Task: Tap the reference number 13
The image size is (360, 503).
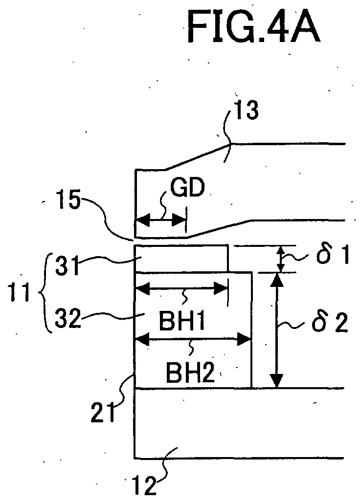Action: pyautogui.click(x=247, y=110)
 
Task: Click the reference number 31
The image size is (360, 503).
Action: pyautogui.click(x=67, y=265)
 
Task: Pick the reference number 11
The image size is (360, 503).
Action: pyautogui.click(x=19, y=292)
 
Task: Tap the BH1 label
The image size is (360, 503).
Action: pyautogui.click(x=182, y=322)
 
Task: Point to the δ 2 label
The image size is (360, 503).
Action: pyautogui.click(x=330, y=324)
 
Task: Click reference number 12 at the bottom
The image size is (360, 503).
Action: pyautogui.click(x=144, y=486)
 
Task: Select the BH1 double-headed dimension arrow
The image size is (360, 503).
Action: pyautogui.click(x=182, y=288)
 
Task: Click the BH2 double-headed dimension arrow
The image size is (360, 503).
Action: pyautogui.click(x=193, y=339)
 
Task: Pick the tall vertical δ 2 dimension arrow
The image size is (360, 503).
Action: pyautogui.click(x=276, y=330)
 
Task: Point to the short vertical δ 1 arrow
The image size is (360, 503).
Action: pyautogui.click(x=281, y=259)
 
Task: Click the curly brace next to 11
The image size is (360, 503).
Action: pyautogui.click(x=45, y=292)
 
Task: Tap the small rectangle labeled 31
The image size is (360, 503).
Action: pyautogui.click(x=182, y=259)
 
